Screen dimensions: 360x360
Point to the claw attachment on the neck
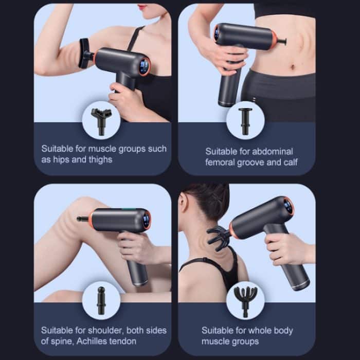click(x=219, y=237)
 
